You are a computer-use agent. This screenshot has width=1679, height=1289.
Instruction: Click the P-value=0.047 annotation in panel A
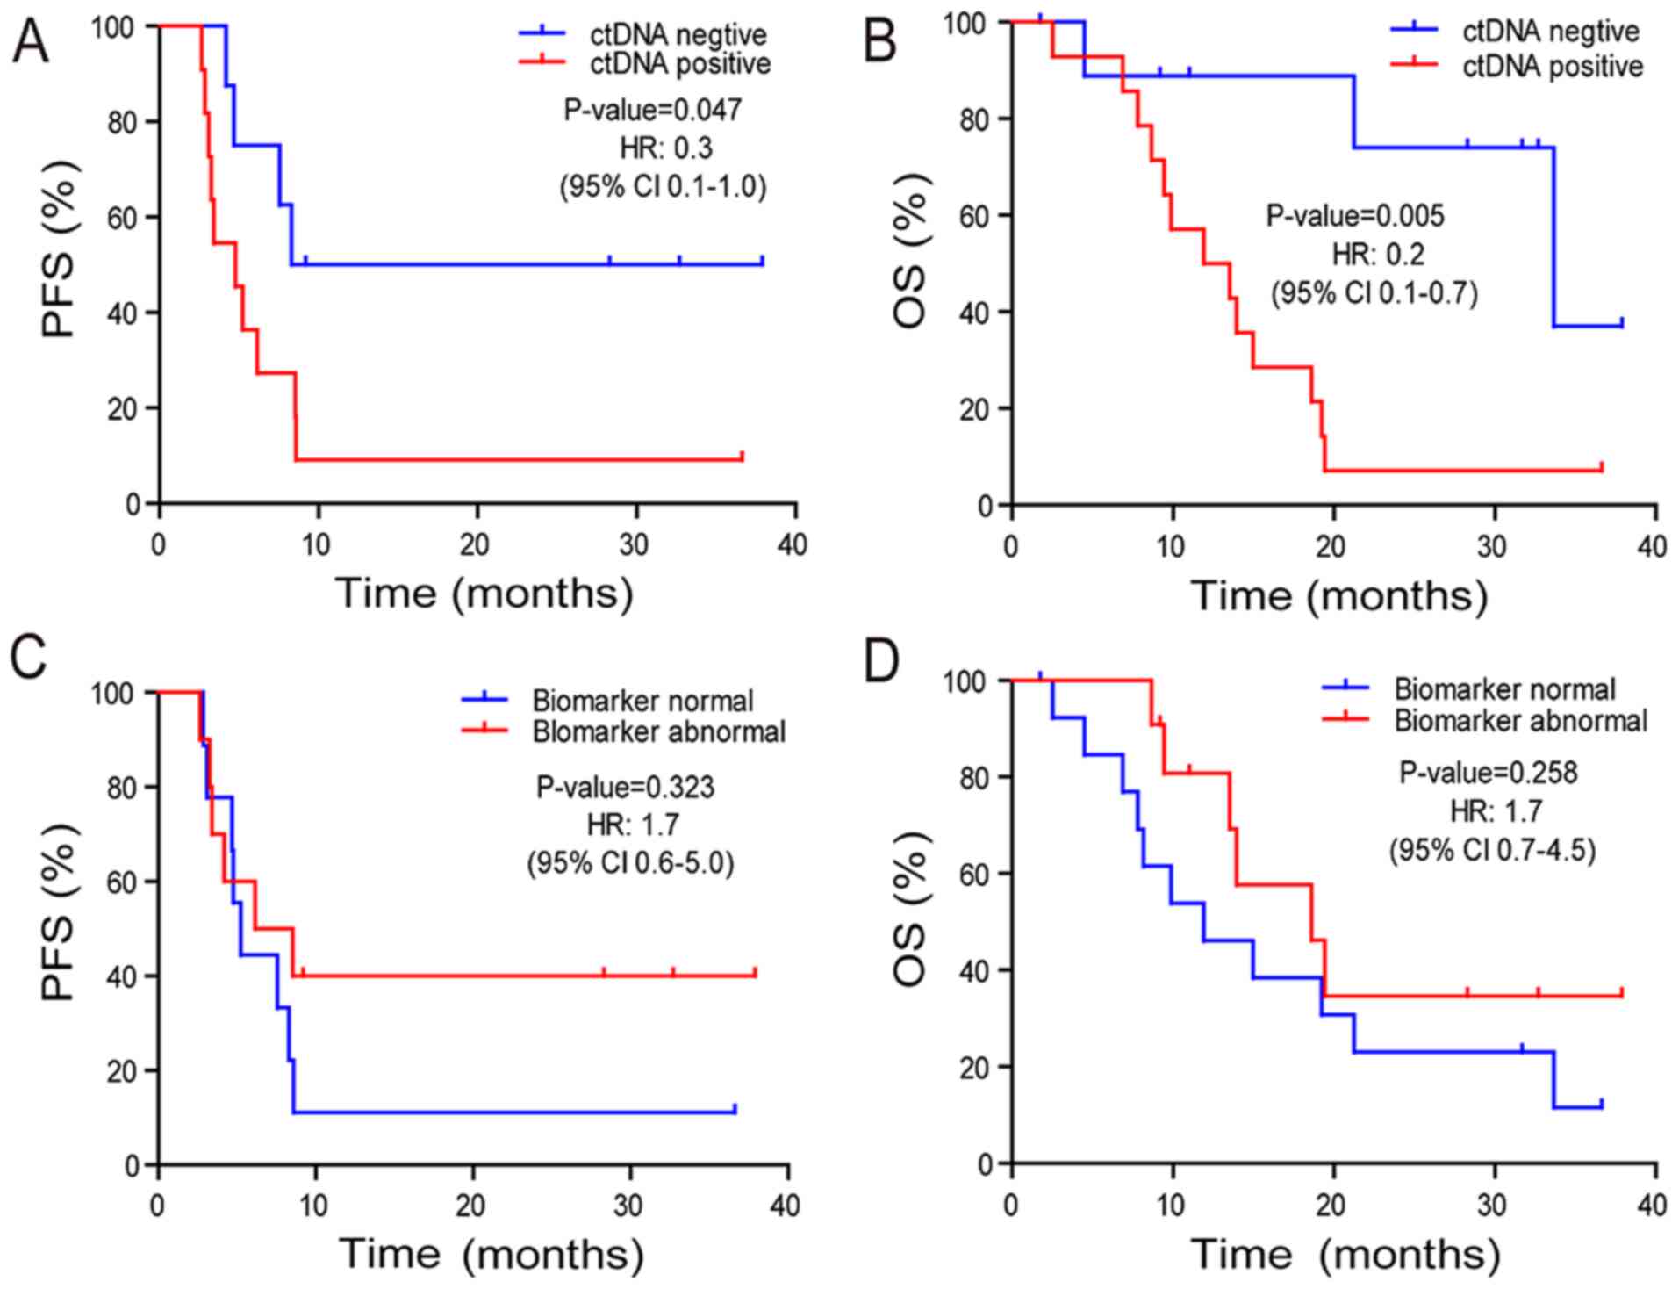tap(652, 110)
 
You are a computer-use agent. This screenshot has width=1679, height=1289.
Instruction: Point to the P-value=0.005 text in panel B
tap(1354, 216)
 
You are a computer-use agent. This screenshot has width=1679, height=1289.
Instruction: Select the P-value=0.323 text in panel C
tap(625, 787)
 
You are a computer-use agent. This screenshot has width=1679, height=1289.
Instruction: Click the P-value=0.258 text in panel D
tap(1488, 773)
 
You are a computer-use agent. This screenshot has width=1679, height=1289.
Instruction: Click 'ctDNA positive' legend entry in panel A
tap(680, 63)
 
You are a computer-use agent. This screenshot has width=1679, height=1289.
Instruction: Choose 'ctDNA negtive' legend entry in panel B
tap(1550, 32)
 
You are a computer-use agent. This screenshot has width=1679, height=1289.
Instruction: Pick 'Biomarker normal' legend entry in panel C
tap(642, 701)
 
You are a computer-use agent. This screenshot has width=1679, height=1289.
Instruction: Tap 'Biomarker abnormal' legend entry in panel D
tap(1520, 721)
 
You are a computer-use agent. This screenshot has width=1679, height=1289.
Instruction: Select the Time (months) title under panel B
tap(1338, 596)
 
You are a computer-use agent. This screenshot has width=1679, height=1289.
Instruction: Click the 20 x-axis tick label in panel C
tap(471, 1206)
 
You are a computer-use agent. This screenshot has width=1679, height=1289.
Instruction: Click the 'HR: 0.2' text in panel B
tap(1378, 255)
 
